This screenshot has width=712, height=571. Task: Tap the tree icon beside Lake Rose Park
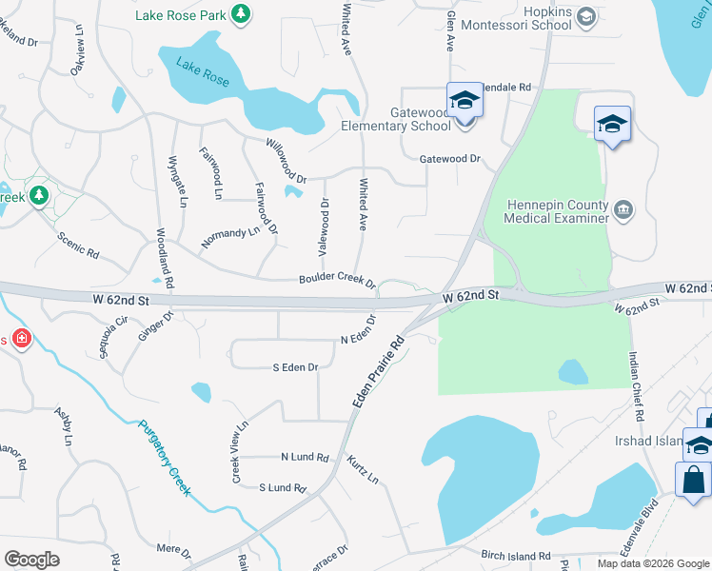(x=242, y=13)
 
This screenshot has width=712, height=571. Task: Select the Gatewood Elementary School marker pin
(x=464, y=100)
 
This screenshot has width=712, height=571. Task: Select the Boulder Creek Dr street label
(x=338, y=281)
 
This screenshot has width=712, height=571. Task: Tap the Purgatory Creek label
(x=165, y=459)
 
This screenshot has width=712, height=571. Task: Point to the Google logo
(x=32, y=559)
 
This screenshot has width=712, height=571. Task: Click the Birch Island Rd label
(x=515, y=555)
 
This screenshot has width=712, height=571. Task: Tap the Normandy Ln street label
(x=229, y=237)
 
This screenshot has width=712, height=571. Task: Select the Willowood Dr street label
(x=287, y=164)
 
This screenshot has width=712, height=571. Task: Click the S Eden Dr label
(x=294, y=366)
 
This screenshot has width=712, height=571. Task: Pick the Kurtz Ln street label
(x=363, y=467)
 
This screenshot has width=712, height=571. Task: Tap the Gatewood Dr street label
(x=451, y=159)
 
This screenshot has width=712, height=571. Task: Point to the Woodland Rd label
(x=164, y=258)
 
